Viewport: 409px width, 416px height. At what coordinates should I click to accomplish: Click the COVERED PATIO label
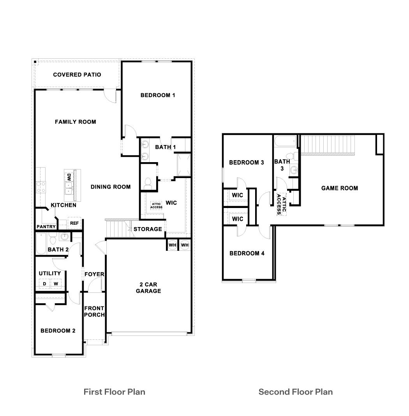point(77,75)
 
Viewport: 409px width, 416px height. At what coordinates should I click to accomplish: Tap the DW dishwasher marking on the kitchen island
point(69,177)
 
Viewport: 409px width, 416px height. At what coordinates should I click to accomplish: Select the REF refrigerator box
point(74,223)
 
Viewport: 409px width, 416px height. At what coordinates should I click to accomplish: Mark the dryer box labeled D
point(44,284)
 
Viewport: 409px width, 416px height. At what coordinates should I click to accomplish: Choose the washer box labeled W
point(56,284)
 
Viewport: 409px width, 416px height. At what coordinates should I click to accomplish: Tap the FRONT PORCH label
point(94,311)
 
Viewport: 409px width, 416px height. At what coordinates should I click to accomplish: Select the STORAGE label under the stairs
point(148,229)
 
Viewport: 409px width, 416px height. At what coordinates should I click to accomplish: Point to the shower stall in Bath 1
point(183,164)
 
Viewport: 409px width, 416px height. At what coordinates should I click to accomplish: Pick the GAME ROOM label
point(339,188)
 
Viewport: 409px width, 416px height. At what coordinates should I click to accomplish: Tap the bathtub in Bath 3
point(286,142)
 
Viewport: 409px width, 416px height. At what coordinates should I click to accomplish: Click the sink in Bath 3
point(294,170)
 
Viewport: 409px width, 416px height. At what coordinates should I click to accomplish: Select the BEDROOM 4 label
point(247,253)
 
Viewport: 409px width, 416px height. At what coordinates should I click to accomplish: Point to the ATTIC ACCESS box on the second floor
point(281,205)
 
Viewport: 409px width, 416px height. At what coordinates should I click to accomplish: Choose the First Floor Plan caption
point(114,392)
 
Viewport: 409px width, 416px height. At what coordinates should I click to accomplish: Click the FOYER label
point(94,274)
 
